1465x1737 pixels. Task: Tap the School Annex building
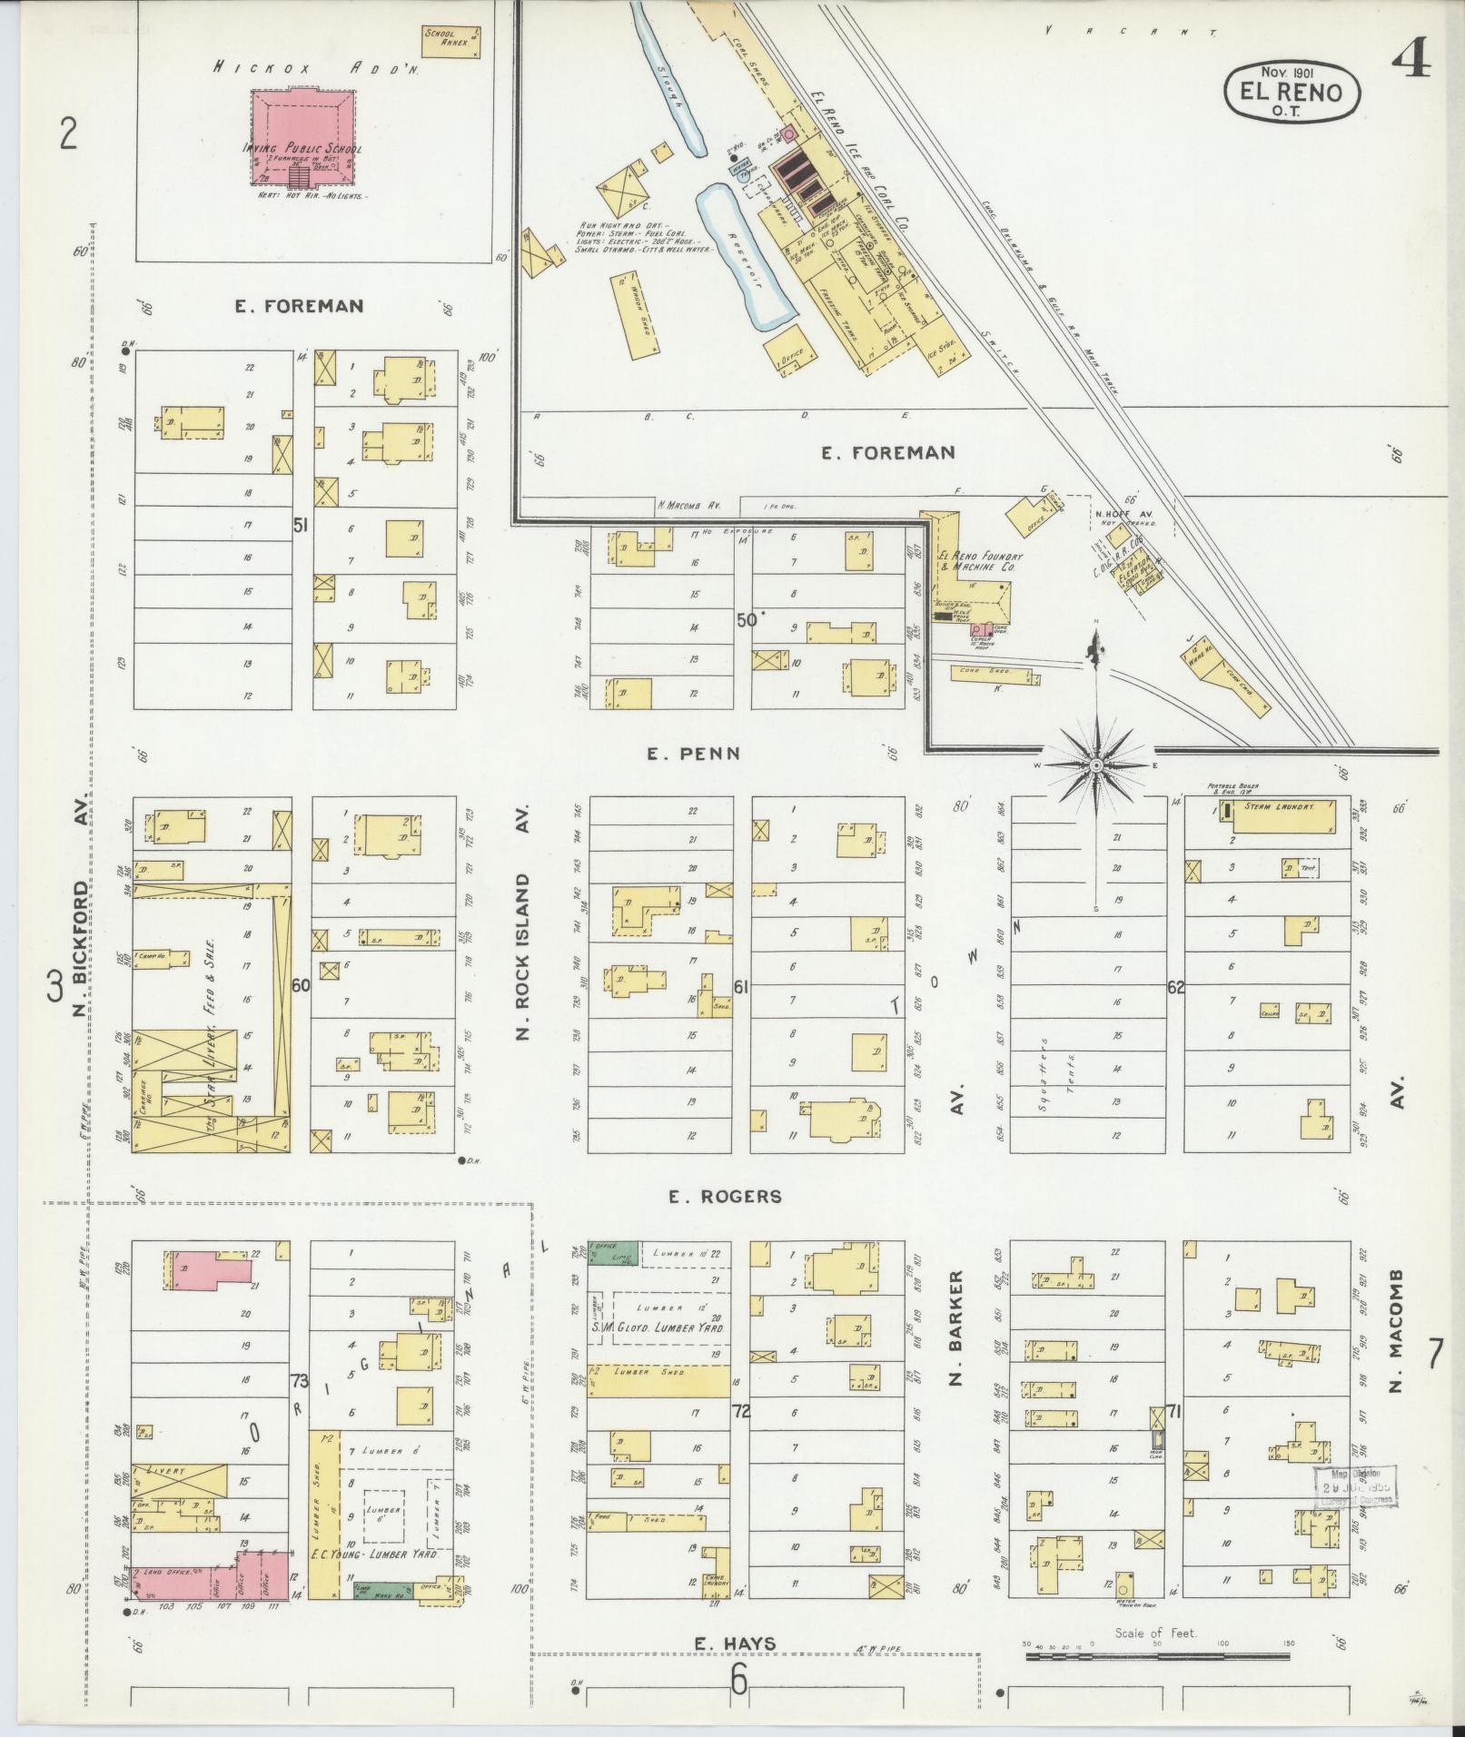click(450, 41)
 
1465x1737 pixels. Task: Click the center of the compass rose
click(1096, 766)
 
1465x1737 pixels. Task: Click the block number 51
click(301, 524)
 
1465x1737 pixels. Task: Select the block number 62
click(1176, 987)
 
